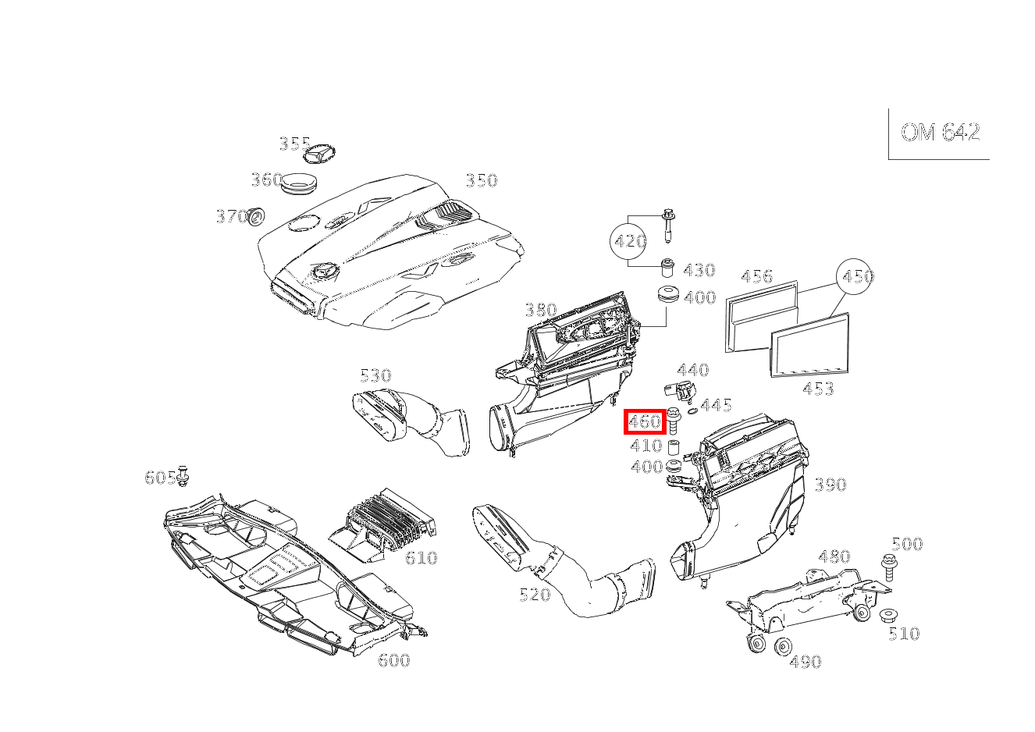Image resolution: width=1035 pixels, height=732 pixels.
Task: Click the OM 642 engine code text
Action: (940, 133)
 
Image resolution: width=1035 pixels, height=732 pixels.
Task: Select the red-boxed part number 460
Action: (645, 421)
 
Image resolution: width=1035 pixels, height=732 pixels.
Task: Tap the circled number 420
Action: (628, 241)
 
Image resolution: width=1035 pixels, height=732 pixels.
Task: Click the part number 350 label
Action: (482, 180)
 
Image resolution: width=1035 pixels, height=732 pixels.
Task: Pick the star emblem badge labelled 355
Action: (319, 153)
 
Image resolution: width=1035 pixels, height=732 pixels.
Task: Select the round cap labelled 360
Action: (299, 183)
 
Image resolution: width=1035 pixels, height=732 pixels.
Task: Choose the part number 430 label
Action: (699, 270)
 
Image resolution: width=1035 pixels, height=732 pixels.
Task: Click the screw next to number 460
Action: (673, 420)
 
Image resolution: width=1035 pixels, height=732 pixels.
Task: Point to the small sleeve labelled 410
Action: (673, 447)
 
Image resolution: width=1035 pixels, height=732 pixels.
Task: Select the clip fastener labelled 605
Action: (183, 476)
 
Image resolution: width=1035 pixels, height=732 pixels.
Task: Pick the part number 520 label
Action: (535, 595)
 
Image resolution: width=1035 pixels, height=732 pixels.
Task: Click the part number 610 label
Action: (421, 558)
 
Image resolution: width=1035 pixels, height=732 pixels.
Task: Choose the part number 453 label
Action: (818, 389)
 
